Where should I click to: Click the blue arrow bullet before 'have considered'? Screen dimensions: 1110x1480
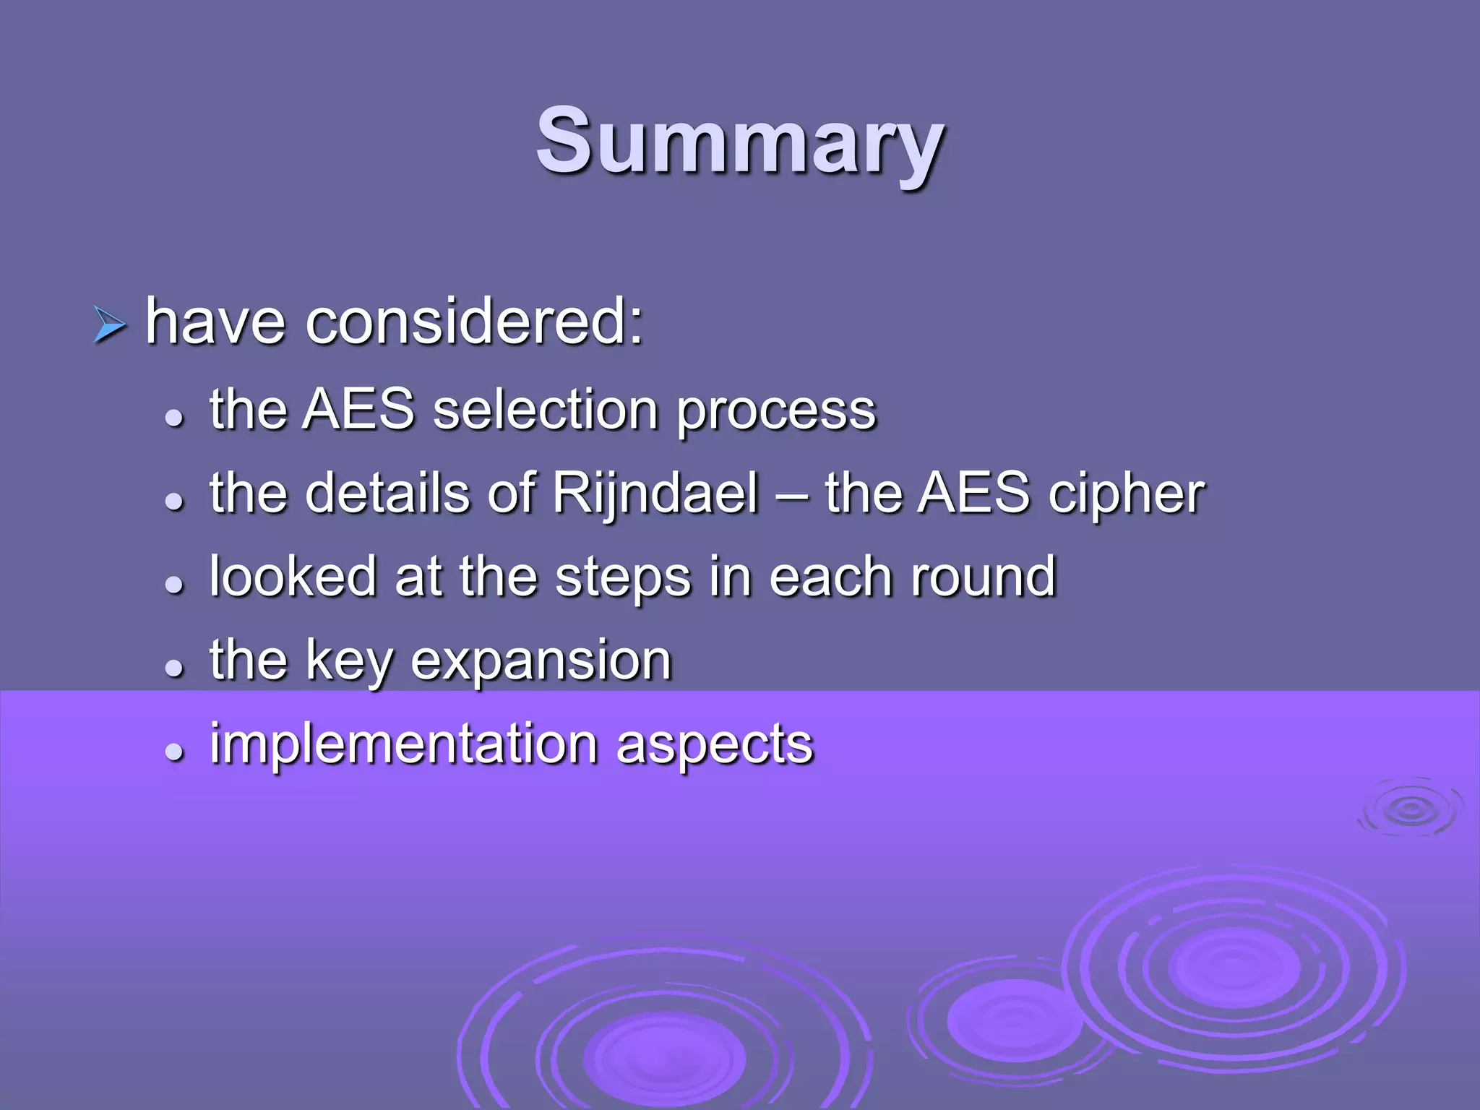pyautogui.click(x=110, y=324)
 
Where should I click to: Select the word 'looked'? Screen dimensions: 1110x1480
pyautogui.click(x=293, y=577)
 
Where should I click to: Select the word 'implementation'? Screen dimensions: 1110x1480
pyautogui.click(x=403, y=744)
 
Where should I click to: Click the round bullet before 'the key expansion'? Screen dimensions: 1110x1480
pyautogui.click(x=174, y=668)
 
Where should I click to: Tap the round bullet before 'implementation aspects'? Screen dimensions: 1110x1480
pyautogui.click(x=174, y=752)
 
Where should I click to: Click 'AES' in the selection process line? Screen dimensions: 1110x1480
pyautogui.click(x=358, y=409)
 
